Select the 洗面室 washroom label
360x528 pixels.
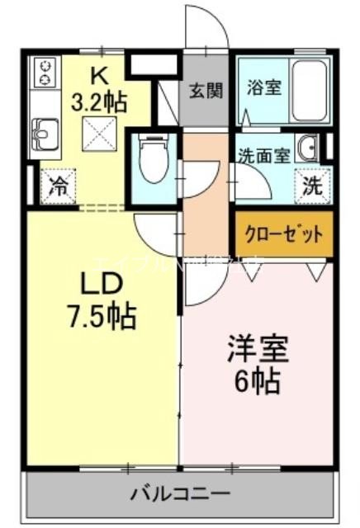(x=264, y=154)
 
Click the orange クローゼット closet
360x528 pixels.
(x=283, y=233)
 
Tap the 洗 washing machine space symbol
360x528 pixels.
(x=312, y=185)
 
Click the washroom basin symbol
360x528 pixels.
(x=310, y=148)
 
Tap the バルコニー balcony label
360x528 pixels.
(x=181, y=495)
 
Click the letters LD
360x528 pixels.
(x=102, y=283)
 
